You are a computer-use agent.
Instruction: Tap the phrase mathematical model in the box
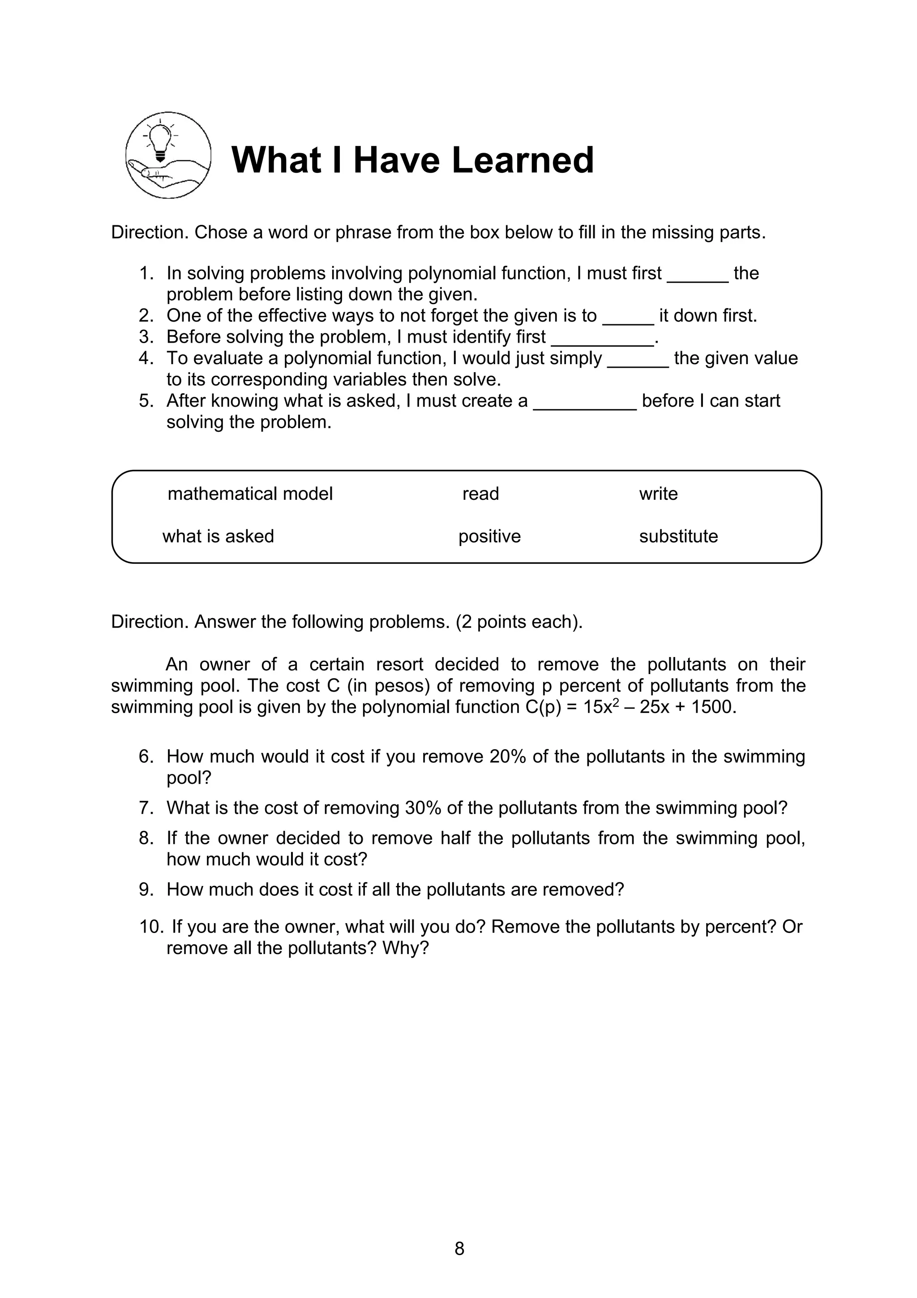pos(250,494)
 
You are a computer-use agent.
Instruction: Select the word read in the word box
pos(480,494)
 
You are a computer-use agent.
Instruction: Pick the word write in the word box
pos(658,494)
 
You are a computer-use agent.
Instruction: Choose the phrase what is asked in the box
pos(218,537)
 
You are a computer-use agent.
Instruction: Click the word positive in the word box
pos(489,537)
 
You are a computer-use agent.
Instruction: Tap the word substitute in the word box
pos(678,537)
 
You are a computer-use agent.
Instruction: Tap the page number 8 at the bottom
pos(459,1249)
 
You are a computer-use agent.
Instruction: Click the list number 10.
pos(151,927)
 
